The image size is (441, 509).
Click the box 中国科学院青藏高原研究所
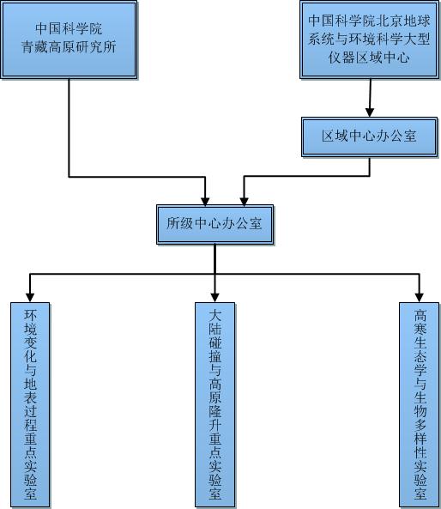coord(69,40)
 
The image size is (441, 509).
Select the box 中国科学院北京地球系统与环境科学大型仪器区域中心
coord(369,39)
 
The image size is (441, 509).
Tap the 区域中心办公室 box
coord(369,137)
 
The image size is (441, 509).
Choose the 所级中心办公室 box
coord(214,224)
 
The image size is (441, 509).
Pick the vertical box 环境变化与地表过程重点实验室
coord(30,404)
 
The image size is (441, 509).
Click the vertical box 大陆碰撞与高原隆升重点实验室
coord(214,404)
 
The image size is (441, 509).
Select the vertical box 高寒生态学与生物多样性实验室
coord(420,404)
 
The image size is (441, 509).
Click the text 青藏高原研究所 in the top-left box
coord(69,47)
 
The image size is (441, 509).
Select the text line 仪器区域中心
coord(369,58)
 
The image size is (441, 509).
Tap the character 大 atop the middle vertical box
coord(214,315)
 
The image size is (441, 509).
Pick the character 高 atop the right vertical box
coord(420,315)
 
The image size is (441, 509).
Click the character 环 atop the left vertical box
coord(31,315)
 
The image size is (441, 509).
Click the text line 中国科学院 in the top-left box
coord(69,28)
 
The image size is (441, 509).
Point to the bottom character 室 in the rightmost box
coord(420,493)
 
